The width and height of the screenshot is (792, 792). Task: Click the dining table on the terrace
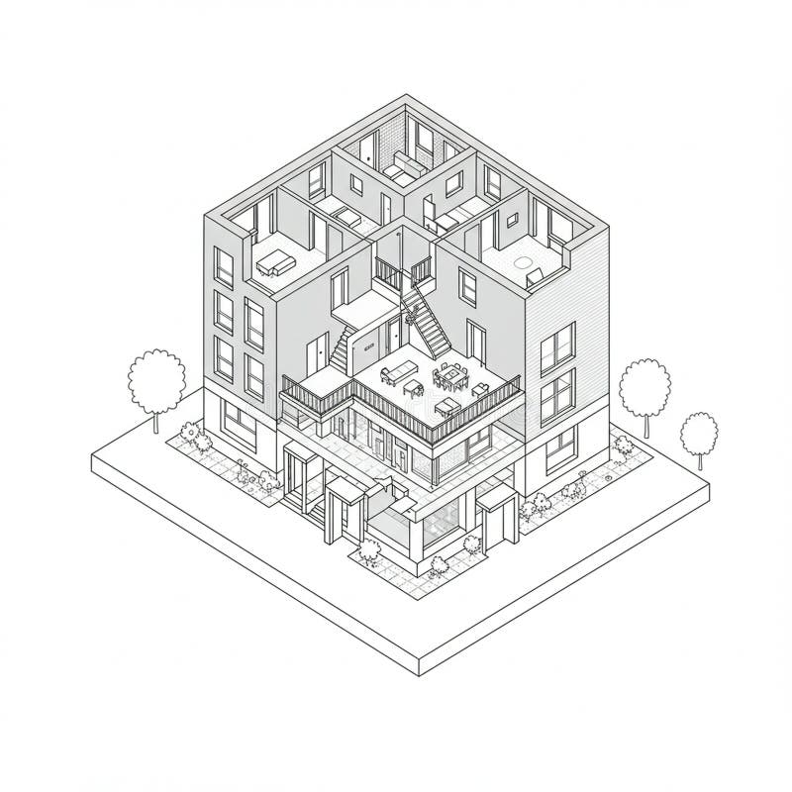[452, 377]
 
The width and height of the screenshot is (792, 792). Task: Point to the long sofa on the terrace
[399, 373]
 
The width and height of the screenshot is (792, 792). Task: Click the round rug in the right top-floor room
[523, 264]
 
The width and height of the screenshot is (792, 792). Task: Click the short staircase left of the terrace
[341, 348]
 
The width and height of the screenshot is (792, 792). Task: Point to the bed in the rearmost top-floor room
[401, 165]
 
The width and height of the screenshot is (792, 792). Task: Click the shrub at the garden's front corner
[437, 565]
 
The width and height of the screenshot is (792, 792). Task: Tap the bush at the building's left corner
[190, 434]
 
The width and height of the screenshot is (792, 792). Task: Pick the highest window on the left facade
[224, 267]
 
